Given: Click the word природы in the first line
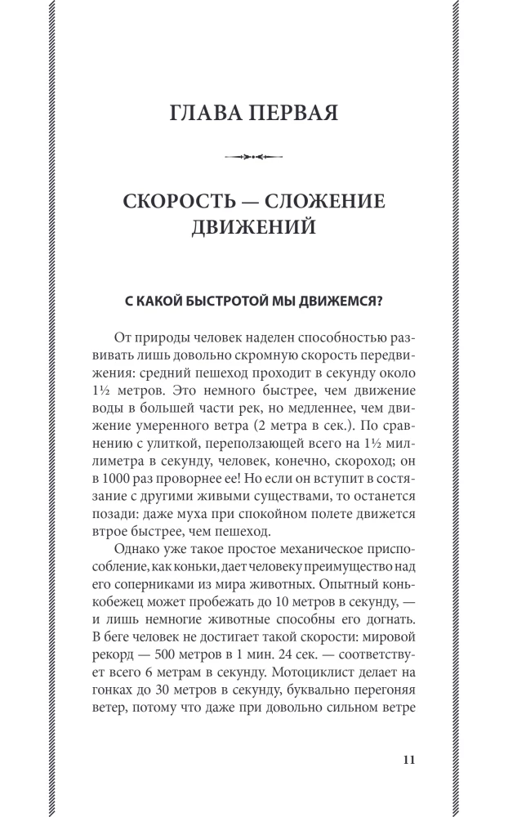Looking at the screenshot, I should (161, 337).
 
